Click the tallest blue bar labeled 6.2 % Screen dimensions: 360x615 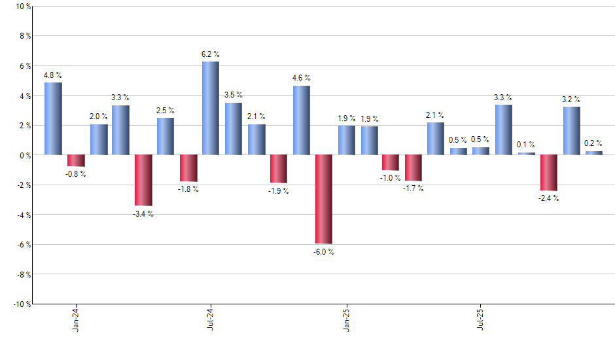(211, 108)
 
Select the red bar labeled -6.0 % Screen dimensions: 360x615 (323, 199)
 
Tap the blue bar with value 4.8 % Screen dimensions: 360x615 (53, 118)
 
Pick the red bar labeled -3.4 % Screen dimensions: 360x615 (143, 180)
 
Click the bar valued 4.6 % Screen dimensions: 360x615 (301, 120)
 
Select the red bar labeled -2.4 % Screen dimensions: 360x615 (549, 172)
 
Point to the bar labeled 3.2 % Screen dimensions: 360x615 (571, 130)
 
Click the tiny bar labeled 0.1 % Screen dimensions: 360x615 (526, 153)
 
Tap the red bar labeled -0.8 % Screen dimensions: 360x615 (76, 160)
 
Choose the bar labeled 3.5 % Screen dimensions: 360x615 (234, 128)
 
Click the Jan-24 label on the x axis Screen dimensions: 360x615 (76, 319)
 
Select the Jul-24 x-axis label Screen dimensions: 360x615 (211, 319)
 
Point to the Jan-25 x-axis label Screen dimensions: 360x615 (346, 319)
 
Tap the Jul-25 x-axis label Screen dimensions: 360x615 (481, 319)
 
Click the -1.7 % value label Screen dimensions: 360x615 (413, 189)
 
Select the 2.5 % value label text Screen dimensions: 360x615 (166, 110)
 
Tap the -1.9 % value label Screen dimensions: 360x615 (278, 191)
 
